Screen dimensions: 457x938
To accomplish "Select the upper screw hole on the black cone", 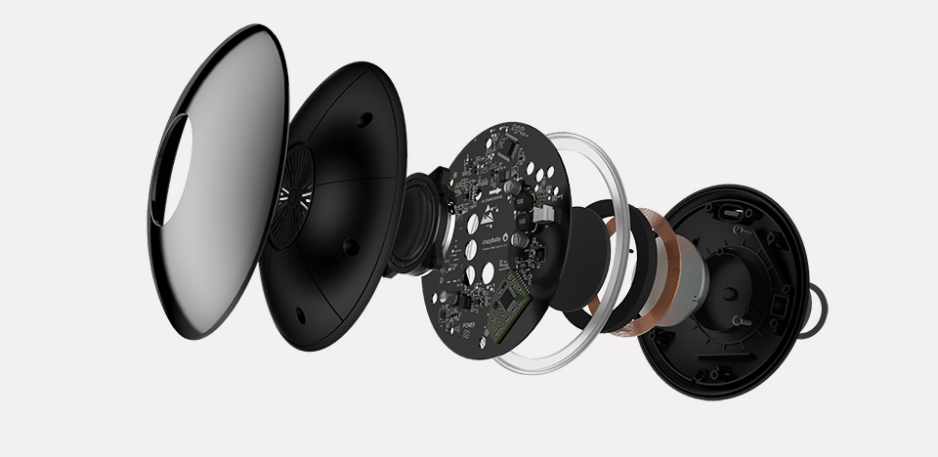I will click(x=364, y=117).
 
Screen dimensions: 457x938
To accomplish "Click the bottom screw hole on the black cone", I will click(x=302, y=314).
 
